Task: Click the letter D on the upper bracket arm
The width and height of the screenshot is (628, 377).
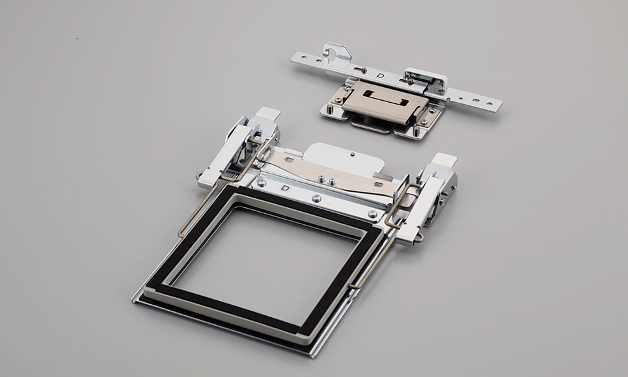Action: click(x=380, y=77)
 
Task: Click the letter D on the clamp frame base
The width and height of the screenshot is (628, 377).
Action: click(x=285, y=188)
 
